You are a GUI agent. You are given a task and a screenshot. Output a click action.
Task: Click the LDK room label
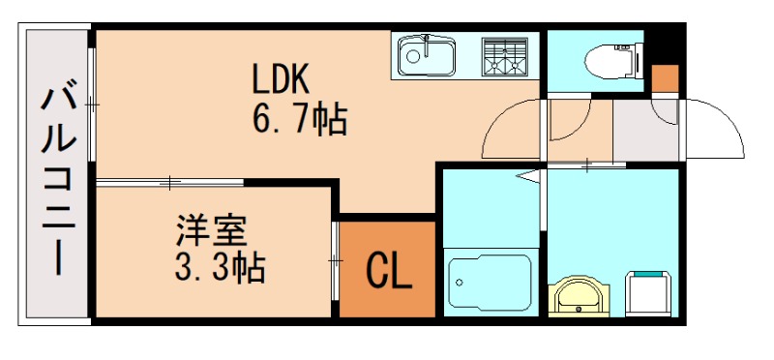(280, 78)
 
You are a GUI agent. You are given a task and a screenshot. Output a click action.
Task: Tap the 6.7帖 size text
(300, 121)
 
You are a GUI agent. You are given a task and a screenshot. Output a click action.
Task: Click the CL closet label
(388, 273)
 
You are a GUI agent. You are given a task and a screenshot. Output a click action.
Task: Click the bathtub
(489, 281)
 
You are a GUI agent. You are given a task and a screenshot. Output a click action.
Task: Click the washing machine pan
(651, 292)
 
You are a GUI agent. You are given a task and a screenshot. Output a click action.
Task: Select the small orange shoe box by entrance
(665, 76)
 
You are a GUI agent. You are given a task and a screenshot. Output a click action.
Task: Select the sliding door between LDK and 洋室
(169, 181)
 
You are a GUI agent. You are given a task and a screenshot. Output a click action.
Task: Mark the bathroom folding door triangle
(529, 177)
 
